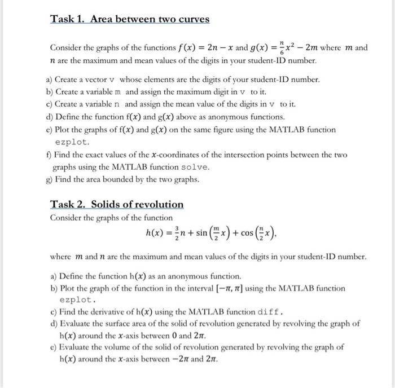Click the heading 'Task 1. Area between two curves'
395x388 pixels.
click(x=130, y=19)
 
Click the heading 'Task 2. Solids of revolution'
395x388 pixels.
click(x=117, y=204)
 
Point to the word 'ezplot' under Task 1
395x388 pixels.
click(x=71, y=142)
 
